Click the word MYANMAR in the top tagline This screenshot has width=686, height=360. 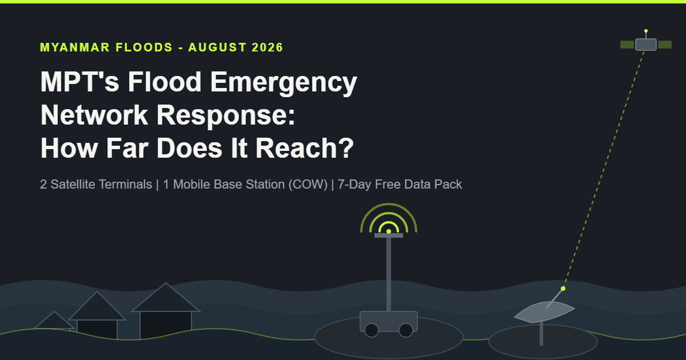coord(75,47)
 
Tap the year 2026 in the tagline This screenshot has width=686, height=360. coord(268,47)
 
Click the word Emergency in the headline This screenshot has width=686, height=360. coord(284,83)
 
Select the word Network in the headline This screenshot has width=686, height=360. coord(94,115)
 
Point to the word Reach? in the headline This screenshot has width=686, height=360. coord(304,148)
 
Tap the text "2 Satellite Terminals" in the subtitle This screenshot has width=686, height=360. coord(96,184)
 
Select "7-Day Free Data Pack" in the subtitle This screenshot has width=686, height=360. coord(400,185)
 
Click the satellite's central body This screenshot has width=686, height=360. coord(646,45)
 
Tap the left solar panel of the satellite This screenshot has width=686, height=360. coord(627,45)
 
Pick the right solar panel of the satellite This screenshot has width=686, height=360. coord(664,45)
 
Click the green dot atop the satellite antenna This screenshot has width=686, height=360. coord(646,31)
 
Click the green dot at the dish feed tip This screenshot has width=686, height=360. coord(563,289)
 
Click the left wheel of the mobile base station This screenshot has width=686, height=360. coord(372,330)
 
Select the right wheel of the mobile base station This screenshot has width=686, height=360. coord(406,330)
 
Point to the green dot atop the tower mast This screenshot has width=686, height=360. coord(389,231)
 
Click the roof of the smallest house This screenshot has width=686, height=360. coord(54,321)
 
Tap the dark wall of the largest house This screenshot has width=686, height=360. coord(166,325)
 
